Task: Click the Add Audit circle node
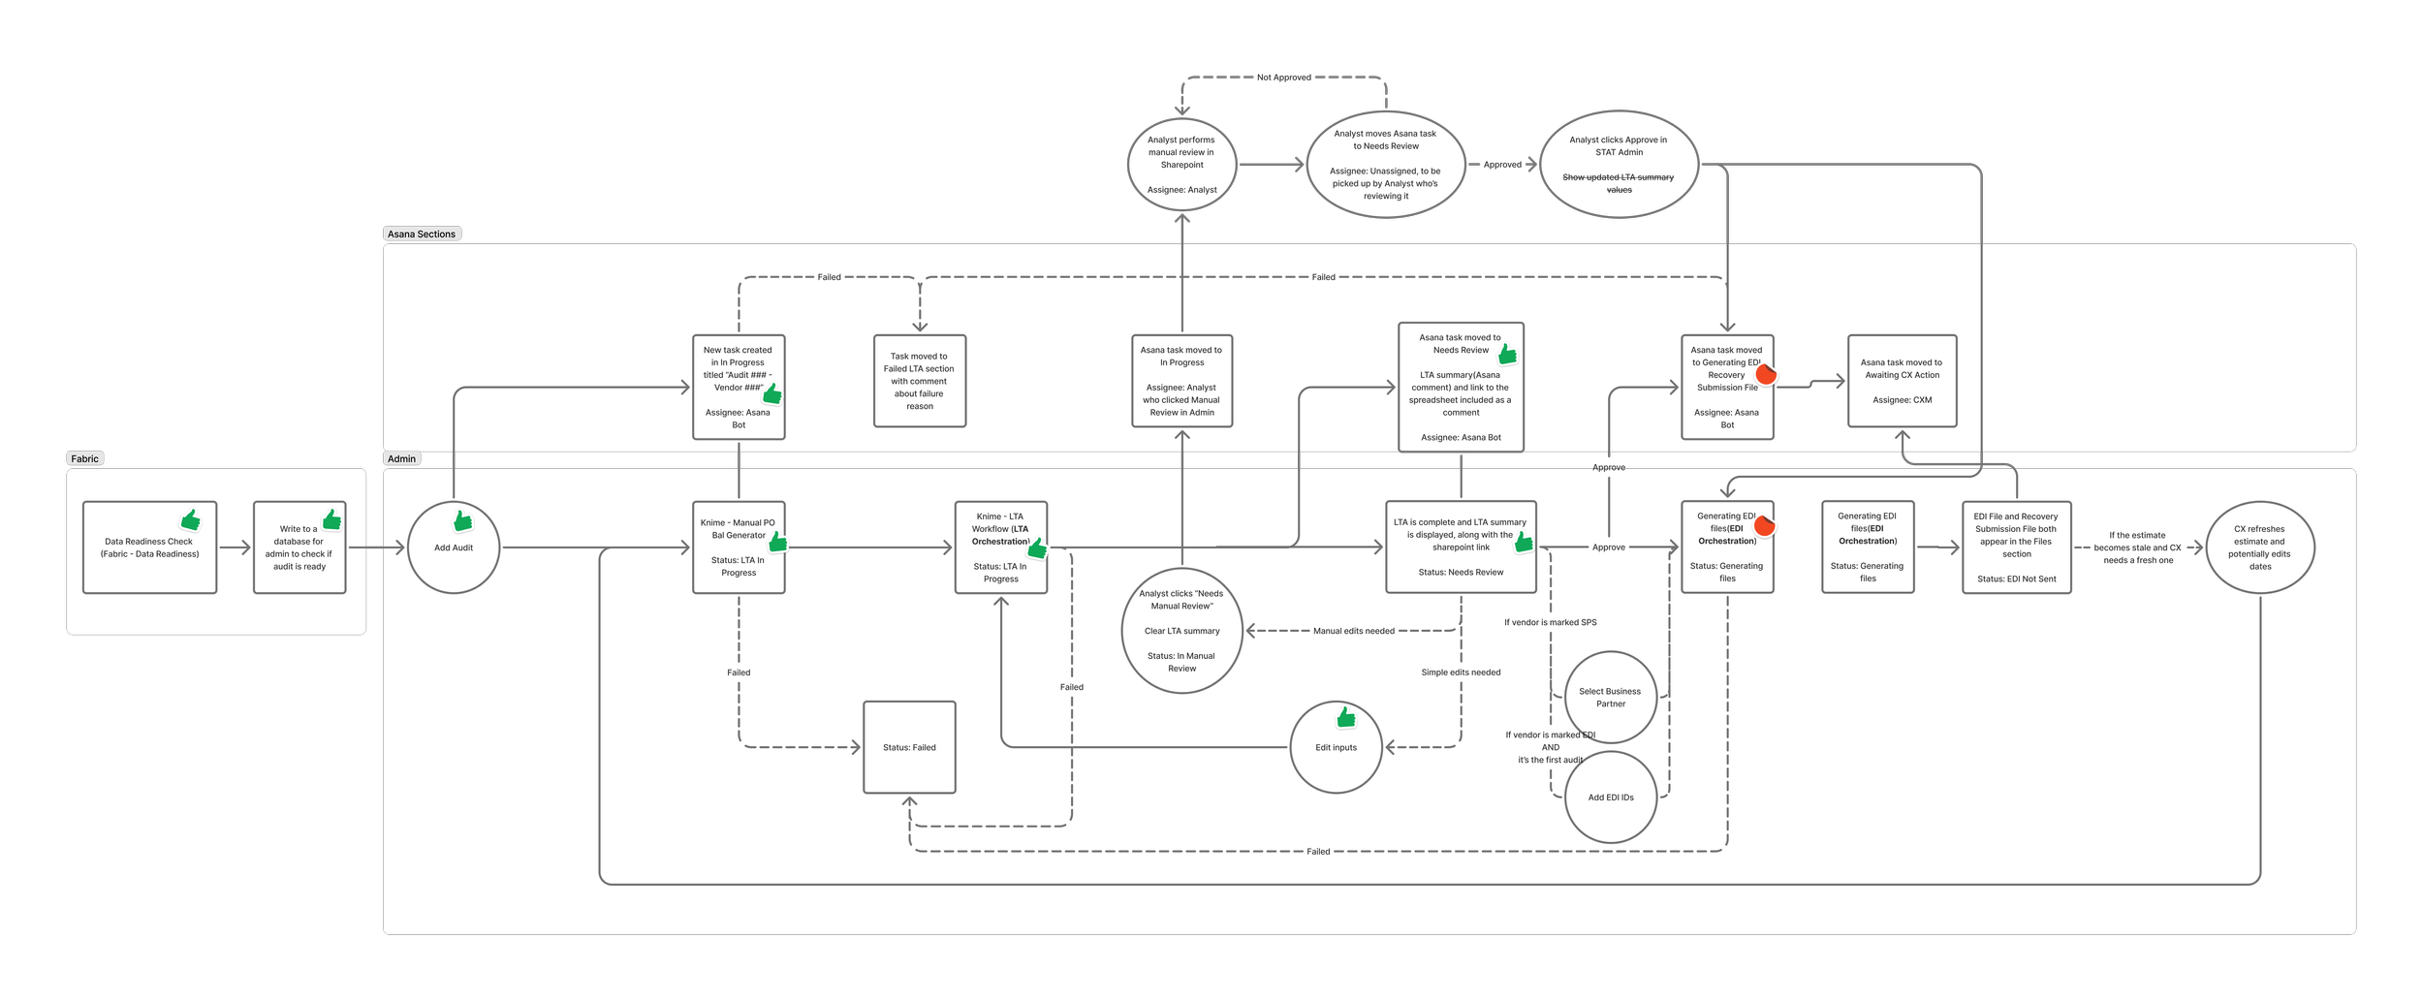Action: [x=453, y=547]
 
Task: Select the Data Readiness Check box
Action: [x=149, y=547]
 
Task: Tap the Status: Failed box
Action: [x=909, y=747]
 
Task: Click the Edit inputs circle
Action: [x=1336, y=747]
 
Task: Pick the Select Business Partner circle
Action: [x=1610, y=697]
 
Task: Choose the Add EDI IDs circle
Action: [x=1610, y=798]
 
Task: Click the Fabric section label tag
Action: [x=84, y=458]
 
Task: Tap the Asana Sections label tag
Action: [x=422, y=234]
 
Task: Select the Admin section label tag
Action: [x=401, y=458]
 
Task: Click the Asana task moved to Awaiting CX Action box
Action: [x=1902, y=381]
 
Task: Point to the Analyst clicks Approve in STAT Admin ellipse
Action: [x=1619, y=164]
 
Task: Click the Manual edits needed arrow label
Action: [x=1353, y=631]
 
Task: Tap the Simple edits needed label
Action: [x=1461, y=672]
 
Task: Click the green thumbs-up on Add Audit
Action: [x=463, y=521]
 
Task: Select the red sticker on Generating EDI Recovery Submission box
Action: [x=1766, y=374]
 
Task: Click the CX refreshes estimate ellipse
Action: [x=2260, y=547]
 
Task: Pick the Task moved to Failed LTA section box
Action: [x=919, y=381]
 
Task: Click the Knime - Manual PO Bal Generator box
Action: [x=739, y=547]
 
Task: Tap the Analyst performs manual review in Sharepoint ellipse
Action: [x=1181, y=164]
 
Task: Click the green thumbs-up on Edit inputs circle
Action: [x=1346, y=717]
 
